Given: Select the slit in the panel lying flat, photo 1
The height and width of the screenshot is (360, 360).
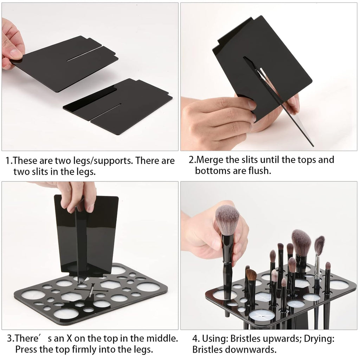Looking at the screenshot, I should (105, 111).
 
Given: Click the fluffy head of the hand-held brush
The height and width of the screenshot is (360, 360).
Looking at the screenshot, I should (227, 220).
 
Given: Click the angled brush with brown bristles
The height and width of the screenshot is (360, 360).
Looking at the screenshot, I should (251, 275).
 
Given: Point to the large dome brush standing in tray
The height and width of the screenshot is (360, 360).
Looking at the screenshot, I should (301, 242).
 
